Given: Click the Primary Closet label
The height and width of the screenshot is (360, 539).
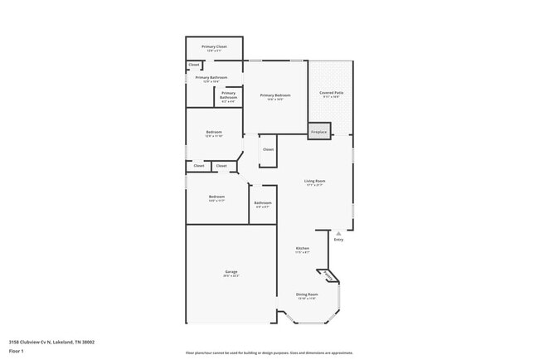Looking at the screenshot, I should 214,46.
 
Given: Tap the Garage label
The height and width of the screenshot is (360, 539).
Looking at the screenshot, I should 231,272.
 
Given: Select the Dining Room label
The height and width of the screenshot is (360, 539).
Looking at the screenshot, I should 307,294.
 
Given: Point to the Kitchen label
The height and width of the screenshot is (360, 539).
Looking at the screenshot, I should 303,248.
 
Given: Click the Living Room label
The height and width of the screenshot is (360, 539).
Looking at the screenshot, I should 314,180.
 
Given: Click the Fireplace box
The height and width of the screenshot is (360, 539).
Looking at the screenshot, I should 318,132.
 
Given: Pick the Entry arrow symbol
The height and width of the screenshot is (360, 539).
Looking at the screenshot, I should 338,233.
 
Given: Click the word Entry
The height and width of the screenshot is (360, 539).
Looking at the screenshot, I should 338,240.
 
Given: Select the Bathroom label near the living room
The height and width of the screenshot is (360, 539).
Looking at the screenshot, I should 263,202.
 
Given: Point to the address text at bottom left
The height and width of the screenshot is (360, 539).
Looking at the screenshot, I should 51,341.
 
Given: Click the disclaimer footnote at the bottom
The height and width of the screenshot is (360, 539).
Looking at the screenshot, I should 269,353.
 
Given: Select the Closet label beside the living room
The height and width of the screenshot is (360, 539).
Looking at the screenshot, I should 268,149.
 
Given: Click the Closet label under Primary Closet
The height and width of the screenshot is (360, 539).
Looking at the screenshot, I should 194,64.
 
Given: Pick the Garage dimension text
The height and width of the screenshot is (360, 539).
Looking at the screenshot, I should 231,276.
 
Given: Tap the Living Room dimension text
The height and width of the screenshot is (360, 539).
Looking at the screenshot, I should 314,184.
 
